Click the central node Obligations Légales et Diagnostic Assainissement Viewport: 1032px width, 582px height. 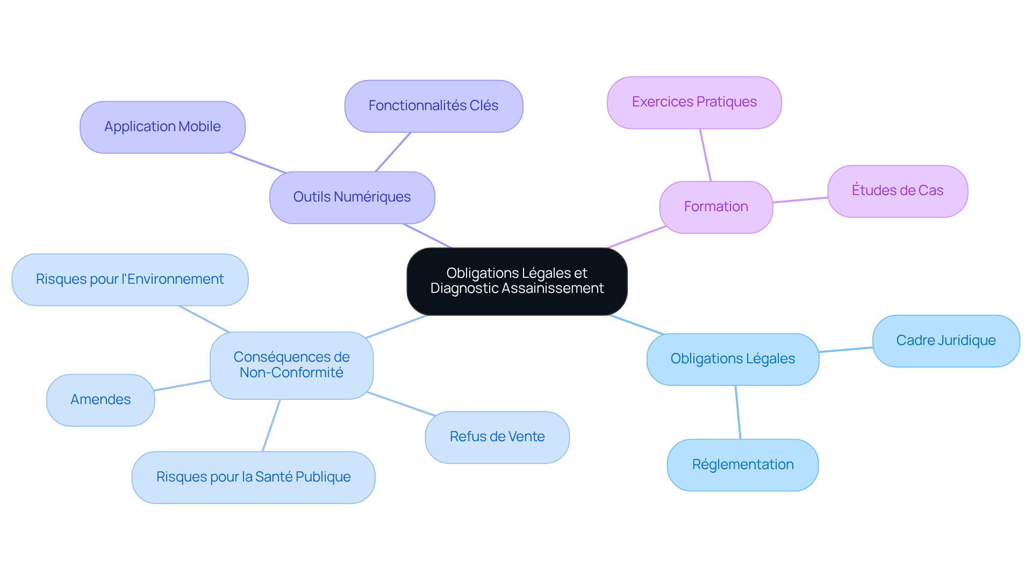pyautogui.click(x=517, y=281)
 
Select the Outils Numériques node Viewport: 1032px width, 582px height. pyautogui.click(x=352, y=197)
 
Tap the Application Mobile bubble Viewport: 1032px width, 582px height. pyautogui.click(x=162, y=127)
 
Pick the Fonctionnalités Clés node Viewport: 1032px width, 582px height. pyautogui.click(x=433, y=106)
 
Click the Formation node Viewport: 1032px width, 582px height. pyautogui.click(x=716, y=207)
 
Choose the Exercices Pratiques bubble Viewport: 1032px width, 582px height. pyautogui.click(x=694, y=102)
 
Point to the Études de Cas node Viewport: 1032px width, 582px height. pyautogui.click(x=897, y=191)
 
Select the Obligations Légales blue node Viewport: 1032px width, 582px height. pyautogui.click(x=733, y=359)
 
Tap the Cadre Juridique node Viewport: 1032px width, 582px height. pyautogui.click(x=945, y=341)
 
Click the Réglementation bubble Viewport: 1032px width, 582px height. pyautogui.click(x=742, y=465)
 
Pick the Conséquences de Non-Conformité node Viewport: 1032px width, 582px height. pyautogui.click(x=291, y=365)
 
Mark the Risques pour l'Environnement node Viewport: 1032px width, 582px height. pyautogui.click(x=130, y=279)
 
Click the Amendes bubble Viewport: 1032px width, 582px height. pyautogui.click(x=101, y=400)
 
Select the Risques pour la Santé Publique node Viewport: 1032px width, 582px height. pyautogui.click(x=253, y=477)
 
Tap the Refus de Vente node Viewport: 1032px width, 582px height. pyautogui.click(x=497, y=437)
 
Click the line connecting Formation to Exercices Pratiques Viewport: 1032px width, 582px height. pyautogui.click(x=705, y=155)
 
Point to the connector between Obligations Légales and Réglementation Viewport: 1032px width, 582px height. pyautogui.click(x=738, y=412)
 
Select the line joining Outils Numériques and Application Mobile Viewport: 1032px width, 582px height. pyautogui.click(x=257, y=162)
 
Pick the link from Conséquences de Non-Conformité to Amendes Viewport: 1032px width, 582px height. pyautogui.click(x=182, y=385)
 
